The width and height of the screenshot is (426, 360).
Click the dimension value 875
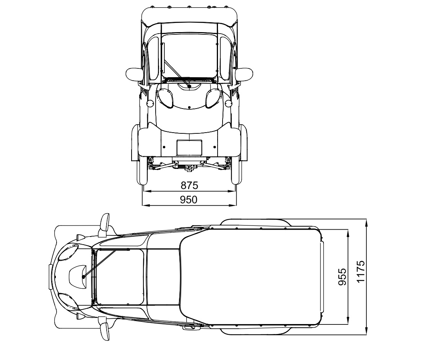click(189, 185)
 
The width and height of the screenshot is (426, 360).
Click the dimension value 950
click(189, 199)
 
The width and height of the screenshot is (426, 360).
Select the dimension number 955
click(343, 277)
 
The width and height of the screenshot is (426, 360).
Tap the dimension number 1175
click(361, 271)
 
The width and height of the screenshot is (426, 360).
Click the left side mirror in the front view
click(134, 75)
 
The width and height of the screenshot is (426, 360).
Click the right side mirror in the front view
click(244, 75)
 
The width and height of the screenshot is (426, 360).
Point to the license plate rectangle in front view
click(189, 148)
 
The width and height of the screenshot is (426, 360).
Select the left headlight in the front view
click(165, 98)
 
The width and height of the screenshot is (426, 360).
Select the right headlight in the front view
click(215, 98)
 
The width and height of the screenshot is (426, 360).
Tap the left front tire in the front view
click(141, 170)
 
